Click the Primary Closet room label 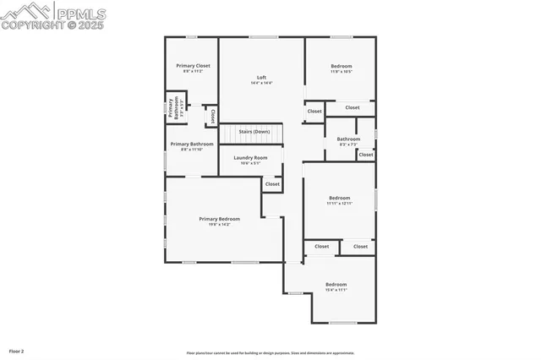click(193, 65)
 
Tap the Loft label click(262, 77)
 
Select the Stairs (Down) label click(254, 132)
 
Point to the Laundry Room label click(250, 157)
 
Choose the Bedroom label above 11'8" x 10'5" click(342, 66)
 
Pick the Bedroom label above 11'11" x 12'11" click(339, 198)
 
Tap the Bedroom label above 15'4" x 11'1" click(336, 284)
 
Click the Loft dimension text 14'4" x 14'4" click(262, 83)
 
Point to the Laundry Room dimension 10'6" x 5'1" click(250, 163)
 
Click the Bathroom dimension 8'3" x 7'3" click(348, 145)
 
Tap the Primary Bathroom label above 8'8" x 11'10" click(192, 144)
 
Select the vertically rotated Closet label click(213, 115)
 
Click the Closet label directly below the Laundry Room click(272, 183)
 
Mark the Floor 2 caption click(17, 351)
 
